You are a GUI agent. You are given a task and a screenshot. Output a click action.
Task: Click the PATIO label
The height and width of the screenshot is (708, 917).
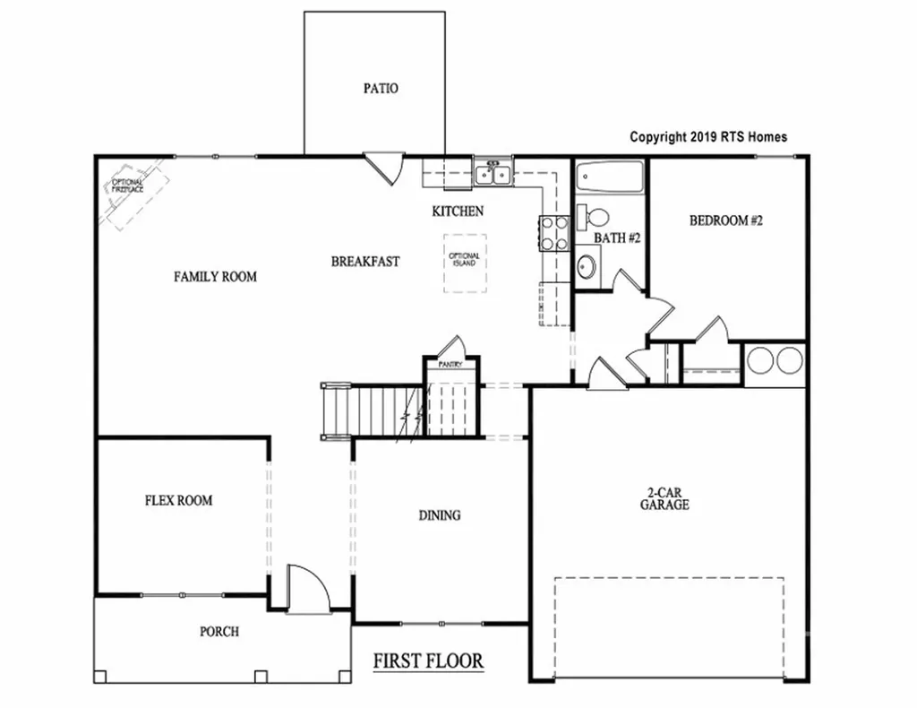click(x=381, y=89)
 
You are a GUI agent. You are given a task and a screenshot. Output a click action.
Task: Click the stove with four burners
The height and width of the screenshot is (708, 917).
click(x=553, y=233)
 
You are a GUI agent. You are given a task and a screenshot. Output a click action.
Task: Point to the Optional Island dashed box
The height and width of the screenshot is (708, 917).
click(x=465, y=263)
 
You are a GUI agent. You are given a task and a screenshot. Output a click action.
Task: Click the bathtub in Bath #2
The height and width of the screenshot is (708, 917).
click(x=609, y=177)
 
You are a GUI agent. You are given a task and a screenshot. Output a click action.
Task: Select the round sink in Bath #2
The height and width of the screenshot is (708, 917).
click(x=587, y=267)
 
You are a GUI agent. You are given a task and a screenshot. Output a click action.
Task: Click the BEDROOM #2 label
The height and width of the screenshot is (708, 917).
click(x=724, y=220)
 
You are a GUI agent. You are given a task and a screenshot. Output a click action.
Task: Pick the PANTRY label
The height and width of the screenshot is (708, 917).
click(x=450, y=365)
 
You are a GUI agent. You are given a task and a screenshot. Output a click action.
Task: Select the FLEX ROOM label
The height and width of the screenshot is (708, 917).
click(x=179, y=500)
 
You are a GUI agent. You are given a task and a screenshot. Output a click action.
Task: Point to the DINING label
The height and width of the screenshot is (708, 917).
click(x=440, y=515)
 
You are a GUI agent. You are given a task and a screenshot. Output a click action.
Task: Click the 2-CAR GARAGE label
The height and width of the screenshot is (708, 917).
click(x=664, y=498)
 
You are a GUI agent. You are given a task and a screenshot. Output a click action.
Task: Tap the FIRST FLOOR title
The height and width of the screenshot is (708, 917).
click(x=428, y=661)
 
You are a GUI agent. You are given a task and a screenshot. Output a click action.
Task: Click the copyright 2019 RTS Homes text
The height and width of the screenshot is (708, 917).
click(x=708, y=137)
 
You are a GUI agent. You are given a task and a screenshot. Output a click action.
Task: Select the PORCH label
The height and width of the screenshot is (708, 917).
click(x=219, y=631)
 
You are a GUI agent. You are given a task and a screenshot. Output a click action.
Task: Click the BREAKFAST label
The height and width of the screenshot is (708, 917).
click(x=365, y=262)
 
